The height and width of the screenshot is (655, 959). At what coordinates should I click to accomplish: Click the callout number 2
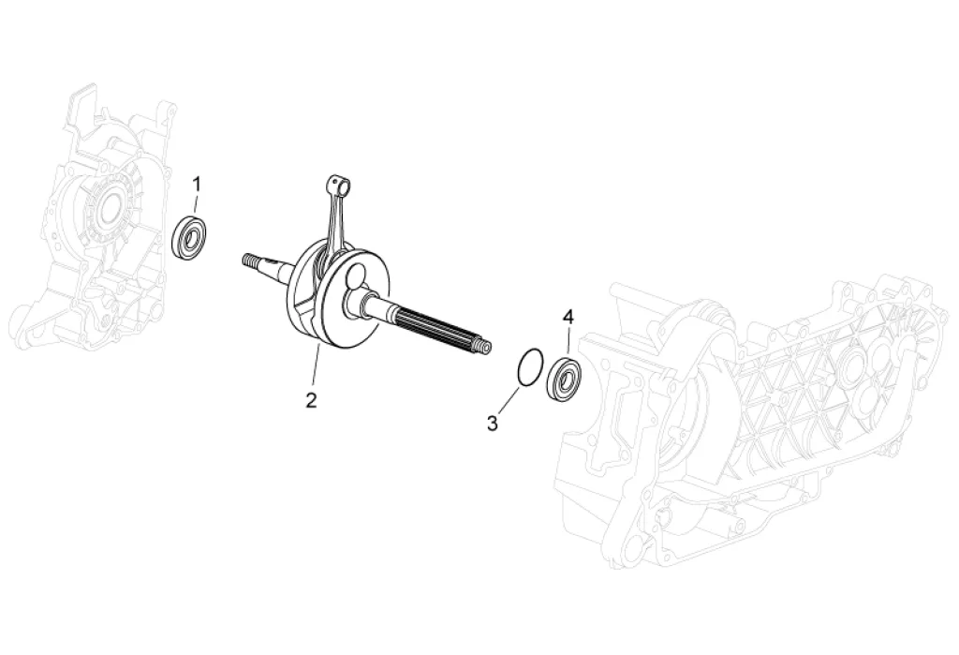[311, 400]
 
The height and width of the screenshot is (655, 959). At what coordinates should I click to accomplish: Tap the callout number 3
[493, 424]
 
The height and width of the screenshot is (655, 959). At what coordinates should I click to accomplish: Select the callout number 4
[568, 317]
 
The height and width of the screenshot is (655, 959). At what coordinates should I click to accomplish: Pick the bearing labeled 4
[565, 379]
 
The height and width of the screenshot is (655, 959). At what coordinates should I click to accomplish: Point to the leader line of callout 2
[316, 365]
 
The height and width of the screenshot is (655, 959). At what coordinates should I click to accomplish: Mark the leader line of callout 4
[568, 340]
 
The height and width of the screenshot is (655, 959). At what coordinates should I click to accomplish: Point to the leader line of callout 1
[195, 203]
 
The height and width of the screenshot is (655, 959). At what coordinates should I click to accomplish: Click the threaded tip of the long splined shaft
[482, 348]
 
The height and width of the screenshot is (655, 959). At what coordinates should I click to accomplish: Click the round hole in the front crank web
[355, 277]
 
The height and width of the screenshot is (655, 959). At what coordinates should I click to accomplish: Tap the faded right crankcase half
[749, 422]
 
